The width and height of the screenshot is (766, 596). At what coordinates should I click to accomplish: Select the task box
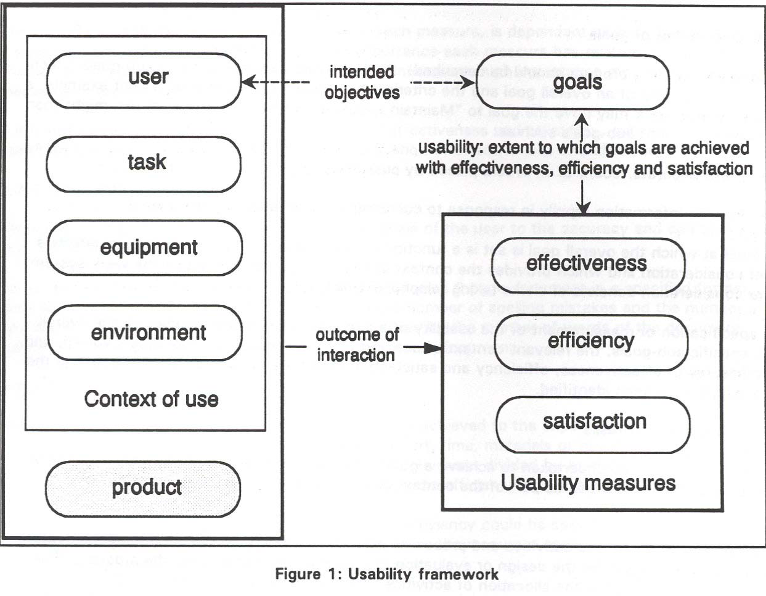coord(144,163)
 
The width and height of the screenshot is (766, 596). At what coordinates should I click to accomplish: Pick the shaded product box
coord(143,488)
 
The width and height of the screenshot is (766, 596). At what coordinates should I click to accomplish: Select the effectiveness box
coord(586,264)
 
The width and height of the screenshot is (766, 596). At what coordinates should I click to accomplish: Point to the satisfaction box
coord(593,422)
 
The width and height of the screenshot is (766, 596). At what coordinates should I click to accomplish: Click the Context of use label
coord(151,399)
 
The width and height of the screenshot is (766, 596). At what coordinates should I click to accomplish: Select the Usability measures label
coord(589,482)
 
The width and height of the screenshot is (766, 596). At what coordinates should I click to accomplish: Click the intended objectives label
coord(362,82)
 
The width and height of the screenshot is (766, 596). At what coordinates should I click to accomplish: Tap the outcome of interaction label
coord(357,345)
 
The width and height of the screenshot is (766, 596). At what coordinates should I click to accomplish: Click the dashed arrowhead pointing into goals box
coord(471,83)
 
